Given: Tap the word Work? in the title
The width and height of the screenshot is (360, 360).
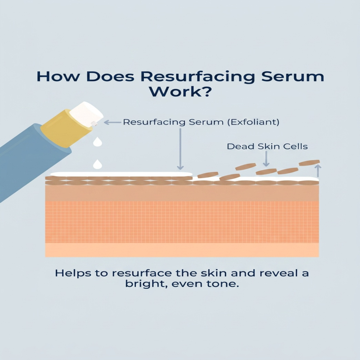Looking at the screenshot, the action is (x=180, y=91).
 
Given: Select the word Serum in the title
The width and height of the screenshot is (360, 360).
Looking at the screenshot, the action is (x=293, y=76).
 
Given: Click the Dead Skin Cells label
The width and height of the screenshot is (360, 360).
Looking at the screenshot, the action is (x=267, y=147).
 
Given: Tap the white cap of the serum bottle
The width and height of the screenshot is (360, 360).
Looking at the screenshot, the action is (x=86, y=114).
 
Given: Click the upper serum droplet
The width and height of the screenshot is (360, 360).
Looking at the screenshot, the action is (x=97, y=141).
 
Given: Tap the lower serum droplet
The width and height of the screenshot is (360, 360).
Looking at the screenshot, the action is (x=97, y=164).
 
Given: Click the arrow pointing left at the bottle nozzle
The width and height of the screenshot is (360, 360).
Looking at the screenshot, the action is (x=112, y=122).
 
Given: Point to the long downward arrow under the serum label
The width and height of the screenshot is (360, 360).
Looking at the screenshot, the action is (x=180, y=149).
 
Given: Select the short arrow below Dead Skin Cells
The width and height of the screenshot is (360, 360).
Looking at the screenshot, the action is (x=266, y=159).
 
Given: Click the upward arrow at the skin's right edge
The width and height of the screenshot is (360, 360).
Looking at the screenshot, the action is (x=318, y=171).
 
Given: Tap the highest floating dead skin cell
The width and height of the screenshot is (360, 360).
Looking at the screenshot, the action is (x=309, y=163).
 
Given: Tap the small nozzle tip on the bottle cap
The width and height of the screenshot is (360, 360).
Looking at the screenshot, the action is (x=94, y=123).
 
